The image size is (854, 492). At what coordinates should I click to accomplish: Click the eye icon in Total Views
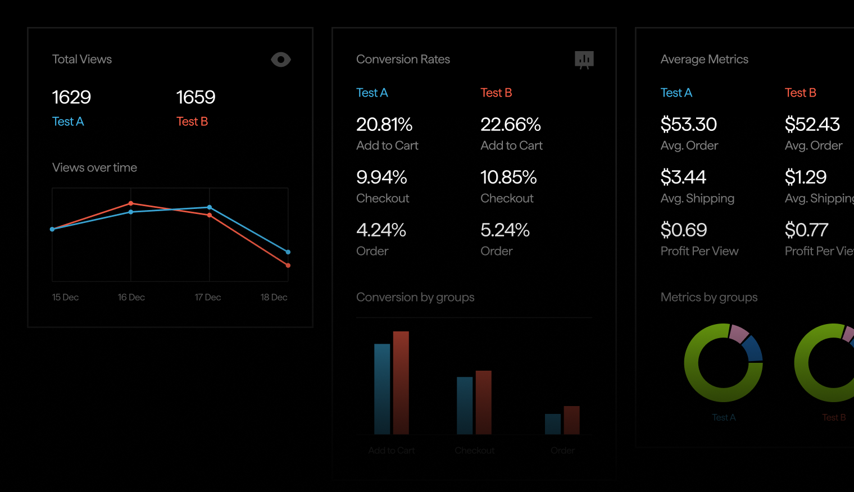(281, 60)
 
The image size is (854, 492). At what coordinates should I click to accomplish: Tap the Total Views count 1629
(71, 97)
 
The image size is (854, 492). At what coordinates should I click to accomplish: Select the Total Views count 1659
(196, 97)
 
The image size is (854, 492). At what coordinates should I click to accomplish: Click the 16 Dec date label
(131, 297)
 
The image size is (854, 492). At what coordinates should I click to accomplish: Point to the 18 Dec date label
(274, 297)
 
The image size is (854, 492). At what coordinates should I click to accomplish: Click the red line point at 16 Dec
(131, 203)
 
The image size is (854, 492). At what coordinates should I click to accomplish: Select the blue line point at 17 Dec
(210, 207)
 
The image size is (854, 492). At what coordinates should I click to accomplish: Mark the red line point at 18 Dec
(288, 265)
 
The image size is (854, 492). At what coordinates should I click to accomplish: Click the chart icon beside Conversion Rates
(584, 60)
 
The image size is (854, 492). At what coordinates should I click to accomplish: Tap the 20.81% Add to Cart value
(384, 124)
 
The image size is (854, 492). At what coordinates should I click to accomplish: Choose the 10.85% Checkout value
(508, 177)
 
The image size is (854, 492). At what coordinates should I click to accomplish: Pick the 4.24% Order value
(381, 230)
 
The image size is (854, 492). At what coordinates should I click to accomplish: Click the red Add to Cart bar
(401, 382)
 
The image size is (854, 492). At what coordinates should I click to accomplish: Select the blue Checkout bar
(465, 404)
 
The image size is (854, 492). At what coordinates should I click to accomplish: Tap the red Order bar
(571, 420)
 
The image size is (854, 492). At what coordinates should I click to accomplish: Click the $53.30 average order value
(689, 124)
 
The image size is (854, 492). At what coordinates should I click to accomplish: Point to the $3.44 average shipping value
(683, 177)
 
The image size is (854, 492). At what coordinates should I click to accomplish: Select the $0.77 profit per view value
(806, 230)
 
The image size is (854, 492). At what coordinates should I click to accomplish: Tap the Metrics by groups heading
(709, 297)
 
